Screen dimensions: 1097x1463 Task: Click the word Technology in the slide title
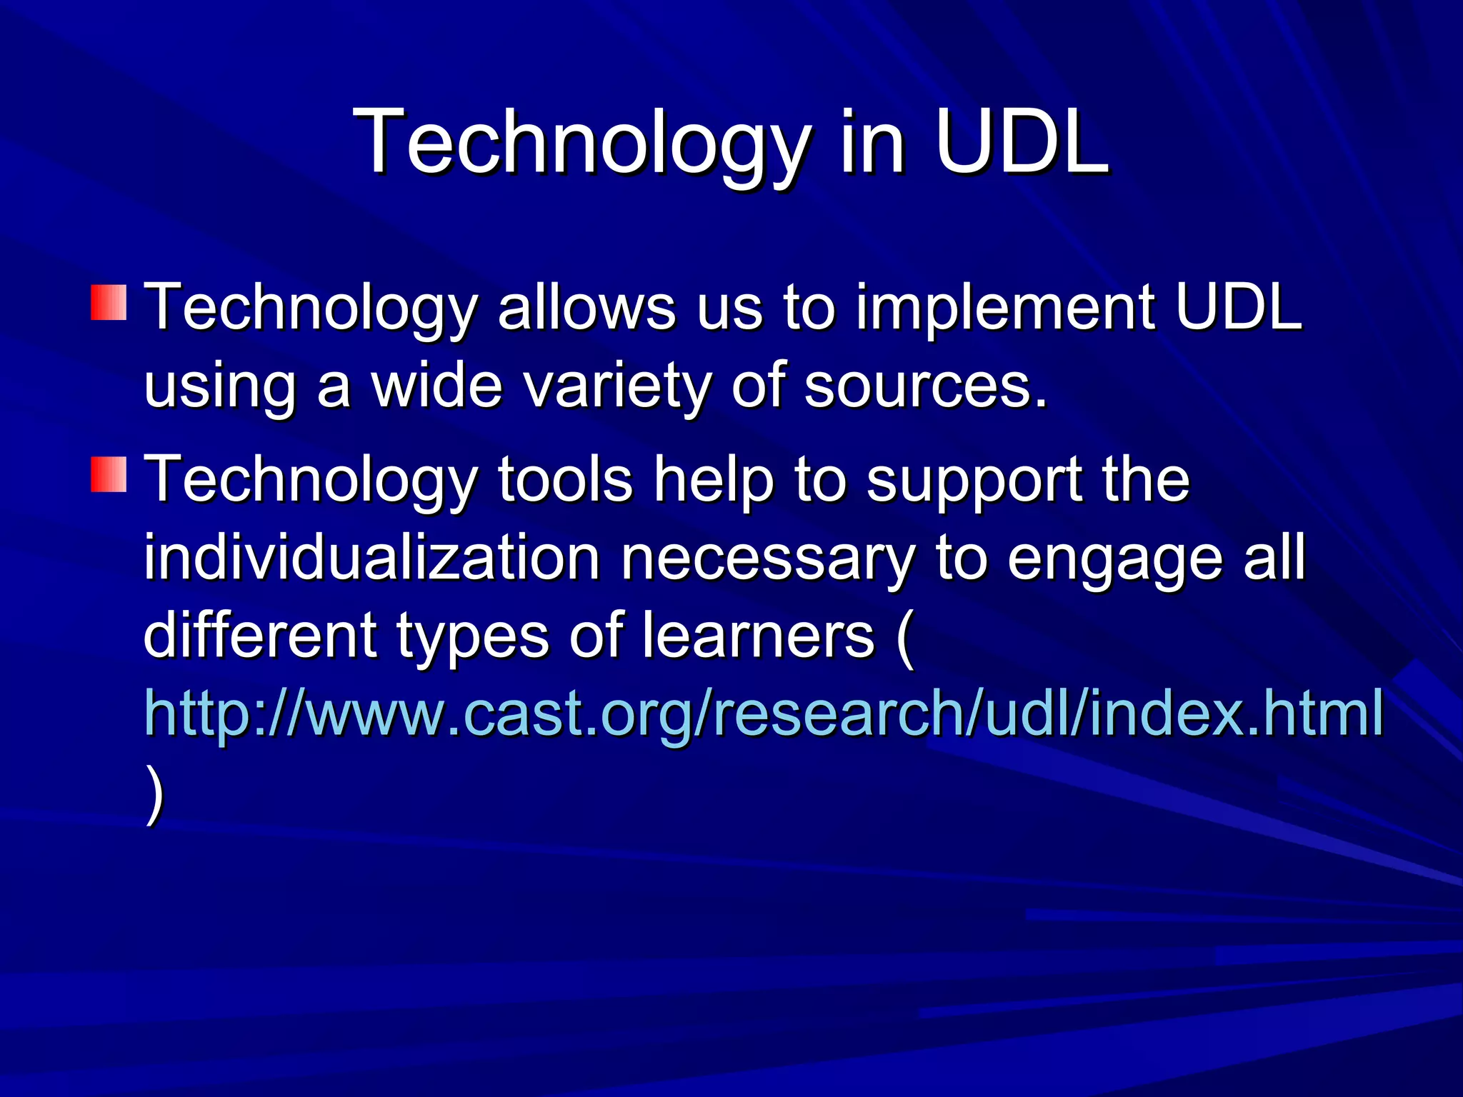click(582, 143)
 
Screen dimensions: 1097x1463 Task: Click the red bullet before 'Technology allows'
click(109, 302)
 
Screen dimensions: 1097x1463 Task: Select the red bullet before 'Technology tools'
click(109, 475)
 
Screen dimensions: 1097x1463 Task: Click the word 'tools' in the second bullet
click(565, 480)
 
